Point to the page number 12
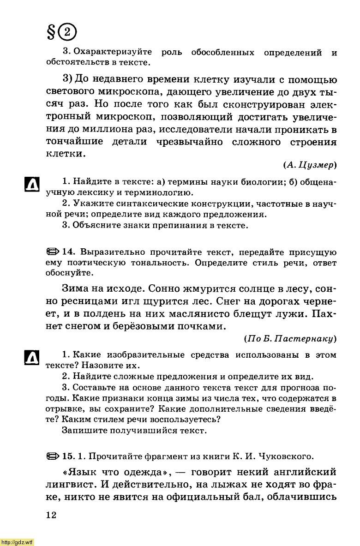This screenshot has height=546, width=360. tap(51, 515)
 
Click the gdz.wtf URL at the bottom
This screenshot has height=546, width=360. tap(17, 542)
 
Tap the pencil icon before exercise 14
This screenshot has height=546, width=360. tap(53, 252)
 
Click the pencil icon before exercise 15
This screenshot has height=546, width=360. tap(53, 456)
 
